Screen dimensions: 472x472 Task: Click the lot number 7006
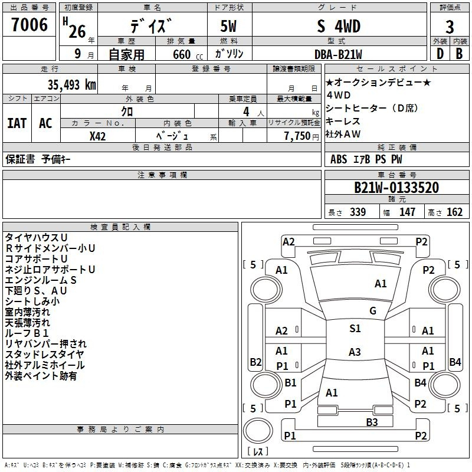(29, 25)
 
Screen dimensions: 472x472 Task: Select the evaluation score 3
(450, 27)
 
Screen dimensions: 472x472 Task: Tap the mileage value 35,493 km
(71, 85)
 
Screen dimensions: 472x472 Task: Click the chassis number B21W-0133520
(396, 188)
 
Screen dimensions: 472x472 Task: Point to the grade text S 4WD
(339, 26)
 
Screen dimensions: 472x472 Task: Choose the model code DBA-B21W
(338, 54)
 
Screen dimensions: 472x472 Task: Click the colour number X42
(97, 136)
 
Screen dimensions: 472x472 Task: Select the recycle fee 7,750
(297, 136)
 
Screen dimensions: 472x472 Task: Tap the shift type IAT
(17, 123)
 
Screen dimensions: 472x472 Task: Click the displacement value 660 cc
(188, 55)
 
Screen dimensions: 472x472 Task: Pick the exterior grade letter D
(440, 54)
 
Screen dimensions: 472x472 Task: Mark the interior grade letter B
(459, 54)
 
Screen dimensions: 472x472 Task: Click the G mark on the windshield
(373, 311)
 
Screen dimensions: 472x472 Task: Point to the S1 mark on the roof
(355, 329)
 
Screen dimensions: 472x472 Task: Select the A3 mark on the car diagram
(355, 352)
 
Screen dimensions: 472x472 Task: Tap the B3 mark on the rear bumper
(372, 422)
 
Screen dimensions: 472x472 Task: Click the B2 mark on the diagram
(255, 362)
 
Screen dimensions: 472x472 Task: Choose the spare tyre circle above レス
(258, 431)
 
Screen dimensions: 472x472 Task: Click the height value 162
(454, 212)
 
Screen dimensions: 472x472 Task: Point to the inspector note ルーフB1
(27, 333)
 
